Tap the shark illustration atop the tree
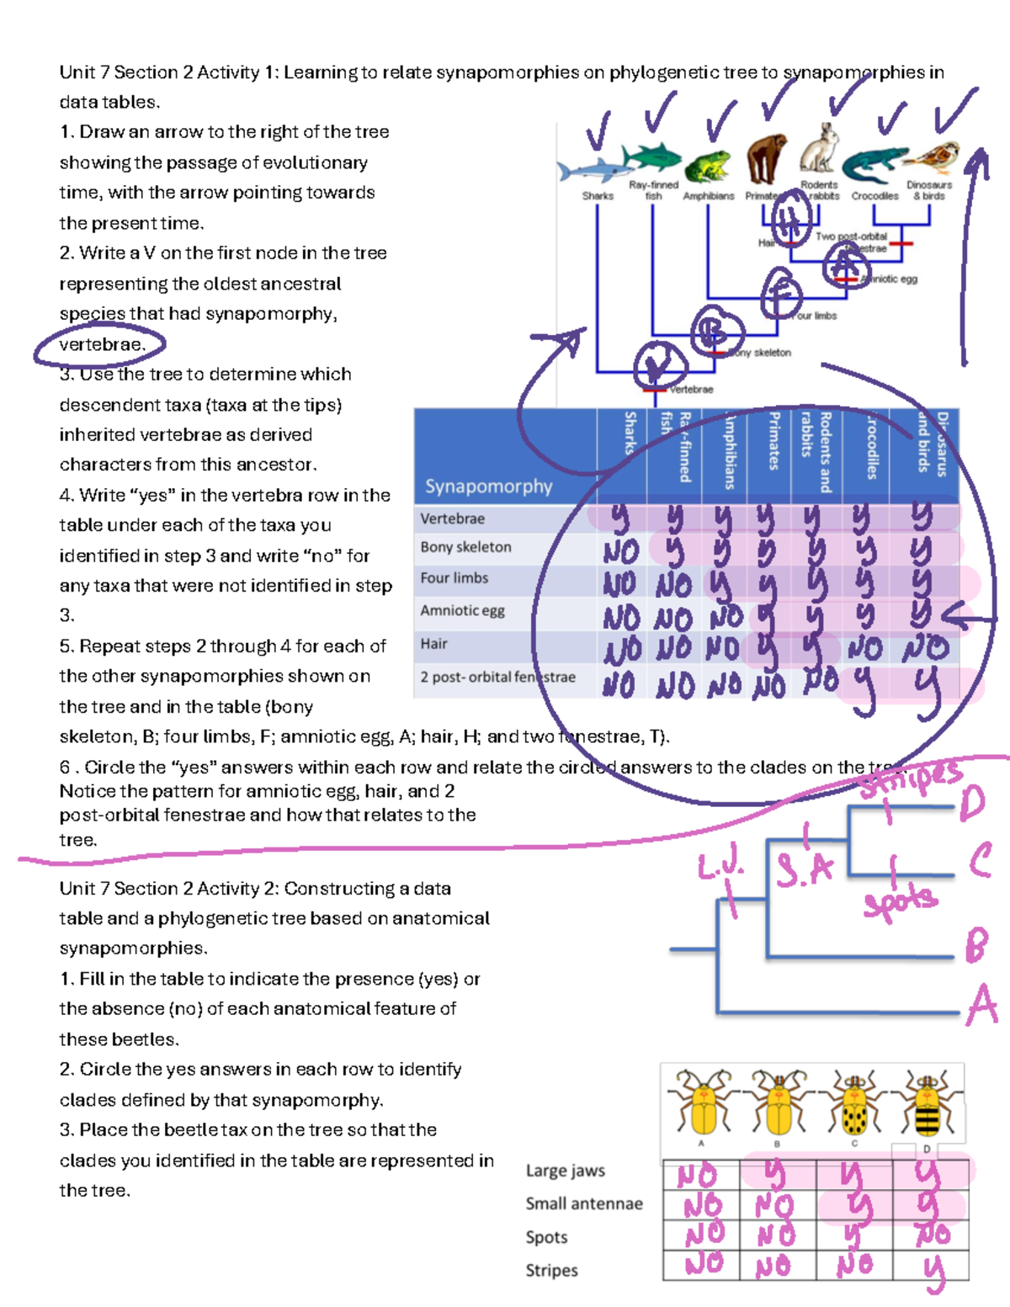point(593,170)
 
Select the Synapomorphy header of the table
point(488,486)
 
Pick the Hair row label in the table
point(434,644)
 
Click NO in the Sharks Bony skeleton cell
point(621,552)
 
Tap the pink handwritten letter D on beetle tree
point(972,803)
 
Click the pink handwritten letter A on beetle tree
point(981,1007)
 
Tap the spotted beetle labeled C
point(854,1104)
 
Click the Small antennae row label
point(584,1204)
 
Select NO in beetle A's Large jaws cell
point(698,1176)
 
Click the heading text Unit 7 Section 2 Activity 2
point(255,889)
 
